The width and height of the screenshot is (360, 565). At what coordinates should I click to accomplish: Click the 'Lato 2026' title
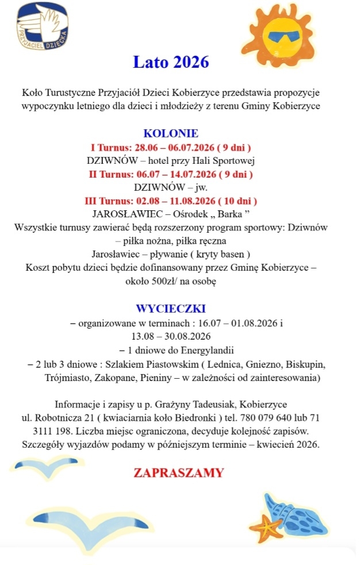(x=171, y=62)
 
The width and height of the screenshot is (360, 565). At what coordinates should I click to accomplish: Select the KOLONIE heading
(x=171, y=133)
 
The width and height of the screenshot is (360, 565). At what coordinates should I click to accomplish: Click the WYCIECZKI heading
(x=171, y=308)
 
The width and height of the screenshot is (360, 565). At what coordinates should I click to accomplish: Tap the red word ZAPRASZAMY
(x=178, y=472)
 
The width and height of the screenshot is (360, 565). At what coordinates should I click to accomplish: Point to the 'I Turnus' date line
(x=171, y=147)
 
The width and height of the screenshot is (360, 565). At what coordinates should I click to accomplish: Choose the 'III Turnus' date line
(x=171, y=201)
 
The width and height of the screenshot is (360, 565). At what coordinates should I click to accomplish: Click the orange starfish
(x=263, y=526)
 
